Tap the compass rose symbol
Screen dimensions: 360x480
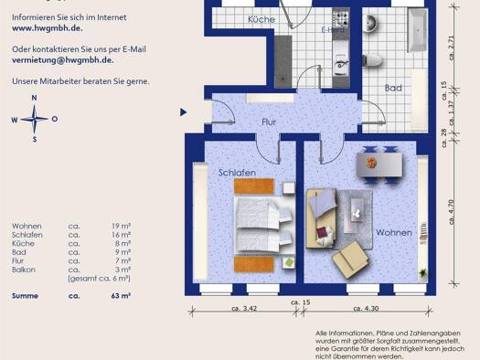(34, 119)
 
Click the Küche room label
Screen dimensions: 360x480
(262, 19)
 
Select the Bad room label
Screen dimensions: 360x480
(393, 89)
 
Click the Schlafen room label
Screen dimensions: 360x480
(236, 172)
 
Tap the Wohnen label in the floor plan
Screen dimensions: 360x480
(393, 233)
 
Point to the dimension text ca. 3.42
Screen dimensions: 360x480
(242, 310)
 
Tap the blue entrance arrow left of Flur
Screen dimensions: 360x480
(185, 111)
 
